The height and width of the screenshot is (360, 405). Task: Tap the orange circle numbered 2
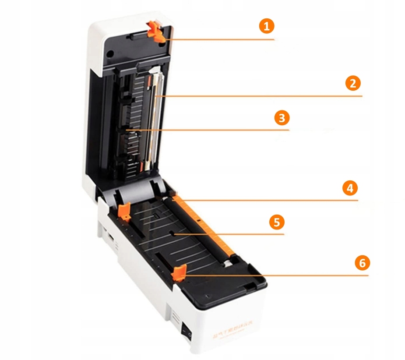click(x=353, y=83)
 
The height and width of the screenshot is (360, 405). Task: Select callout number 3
click(x=282, y=118)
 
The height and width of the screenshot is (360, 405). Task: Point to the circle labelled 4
click(x=349, y=188)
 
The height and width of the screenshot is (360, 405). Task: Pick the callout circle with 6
click(x=362, y=263)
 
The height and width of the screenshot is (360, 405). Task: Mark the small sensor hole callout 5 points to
click(x=174, y=235)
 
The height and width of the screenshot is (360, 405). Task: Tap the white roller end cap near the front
click(x=228, y=265)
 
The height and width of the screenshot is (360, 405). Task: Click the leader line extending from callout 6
click(x=280, y=275)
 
